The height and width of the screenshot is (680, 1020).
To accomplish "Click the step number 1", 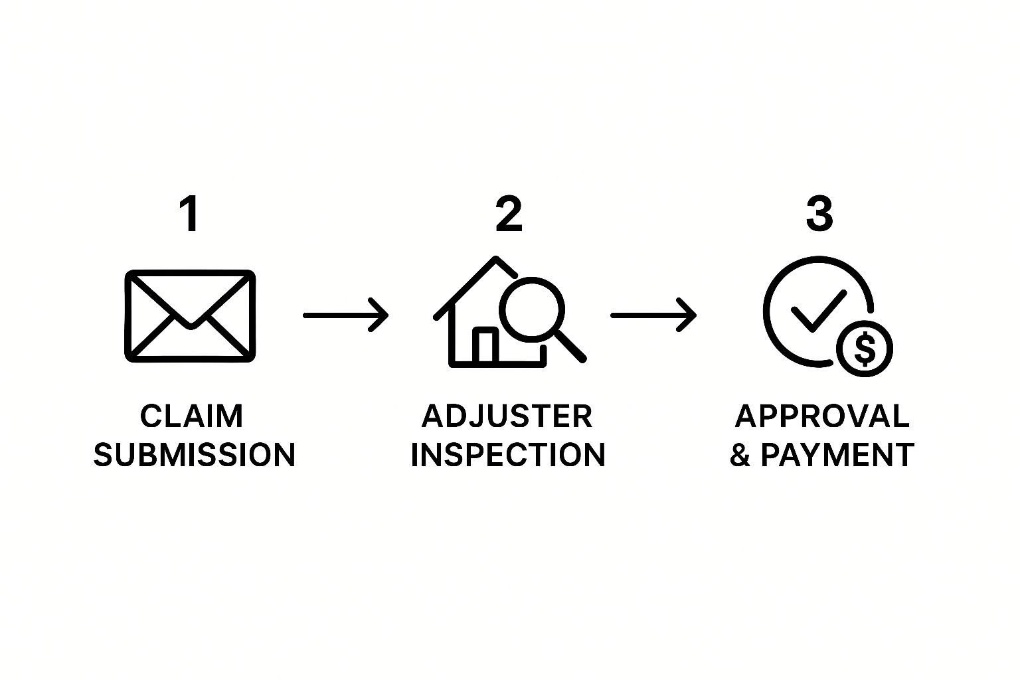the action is [x=189, y=214].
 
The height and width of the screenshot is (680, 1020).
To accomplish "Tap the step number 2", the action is [x=509, y=214].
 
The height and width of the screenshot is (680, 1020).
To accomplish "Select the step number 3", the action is [x=819, y=214].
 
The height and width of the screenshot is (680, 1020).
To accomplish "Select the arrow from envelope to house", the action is [x=345, y=315].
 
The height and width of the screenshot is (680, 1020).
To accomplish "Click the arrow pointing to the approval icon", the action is [x=653, y=315].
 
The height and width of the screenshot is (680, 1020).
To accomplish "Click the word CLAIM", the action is [x=191, y=416].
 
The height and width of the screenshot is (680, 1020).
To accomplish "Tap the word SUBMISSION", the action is [x=195, y=454].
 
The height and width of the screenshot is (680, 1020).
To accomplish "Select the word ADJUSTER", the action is [x=507, y=416].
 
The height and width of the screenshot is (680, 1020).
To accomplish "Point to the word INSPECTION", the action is [x=508, y=454].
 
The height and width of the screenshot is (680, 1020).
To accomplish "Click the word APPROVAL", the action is [x=822, y=416].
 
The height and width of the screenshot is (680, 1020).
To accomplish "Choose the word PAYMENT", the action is [x=837, y=454].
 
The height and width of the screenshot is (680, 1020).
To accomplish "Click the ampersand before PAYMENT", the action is [x=740, y=454].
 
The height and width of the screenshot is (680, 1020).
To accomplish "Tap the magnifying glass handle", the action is [x=571, y=347].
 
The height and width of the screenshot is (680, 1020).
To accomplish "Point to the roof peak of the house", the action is [x=495, y=258].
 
